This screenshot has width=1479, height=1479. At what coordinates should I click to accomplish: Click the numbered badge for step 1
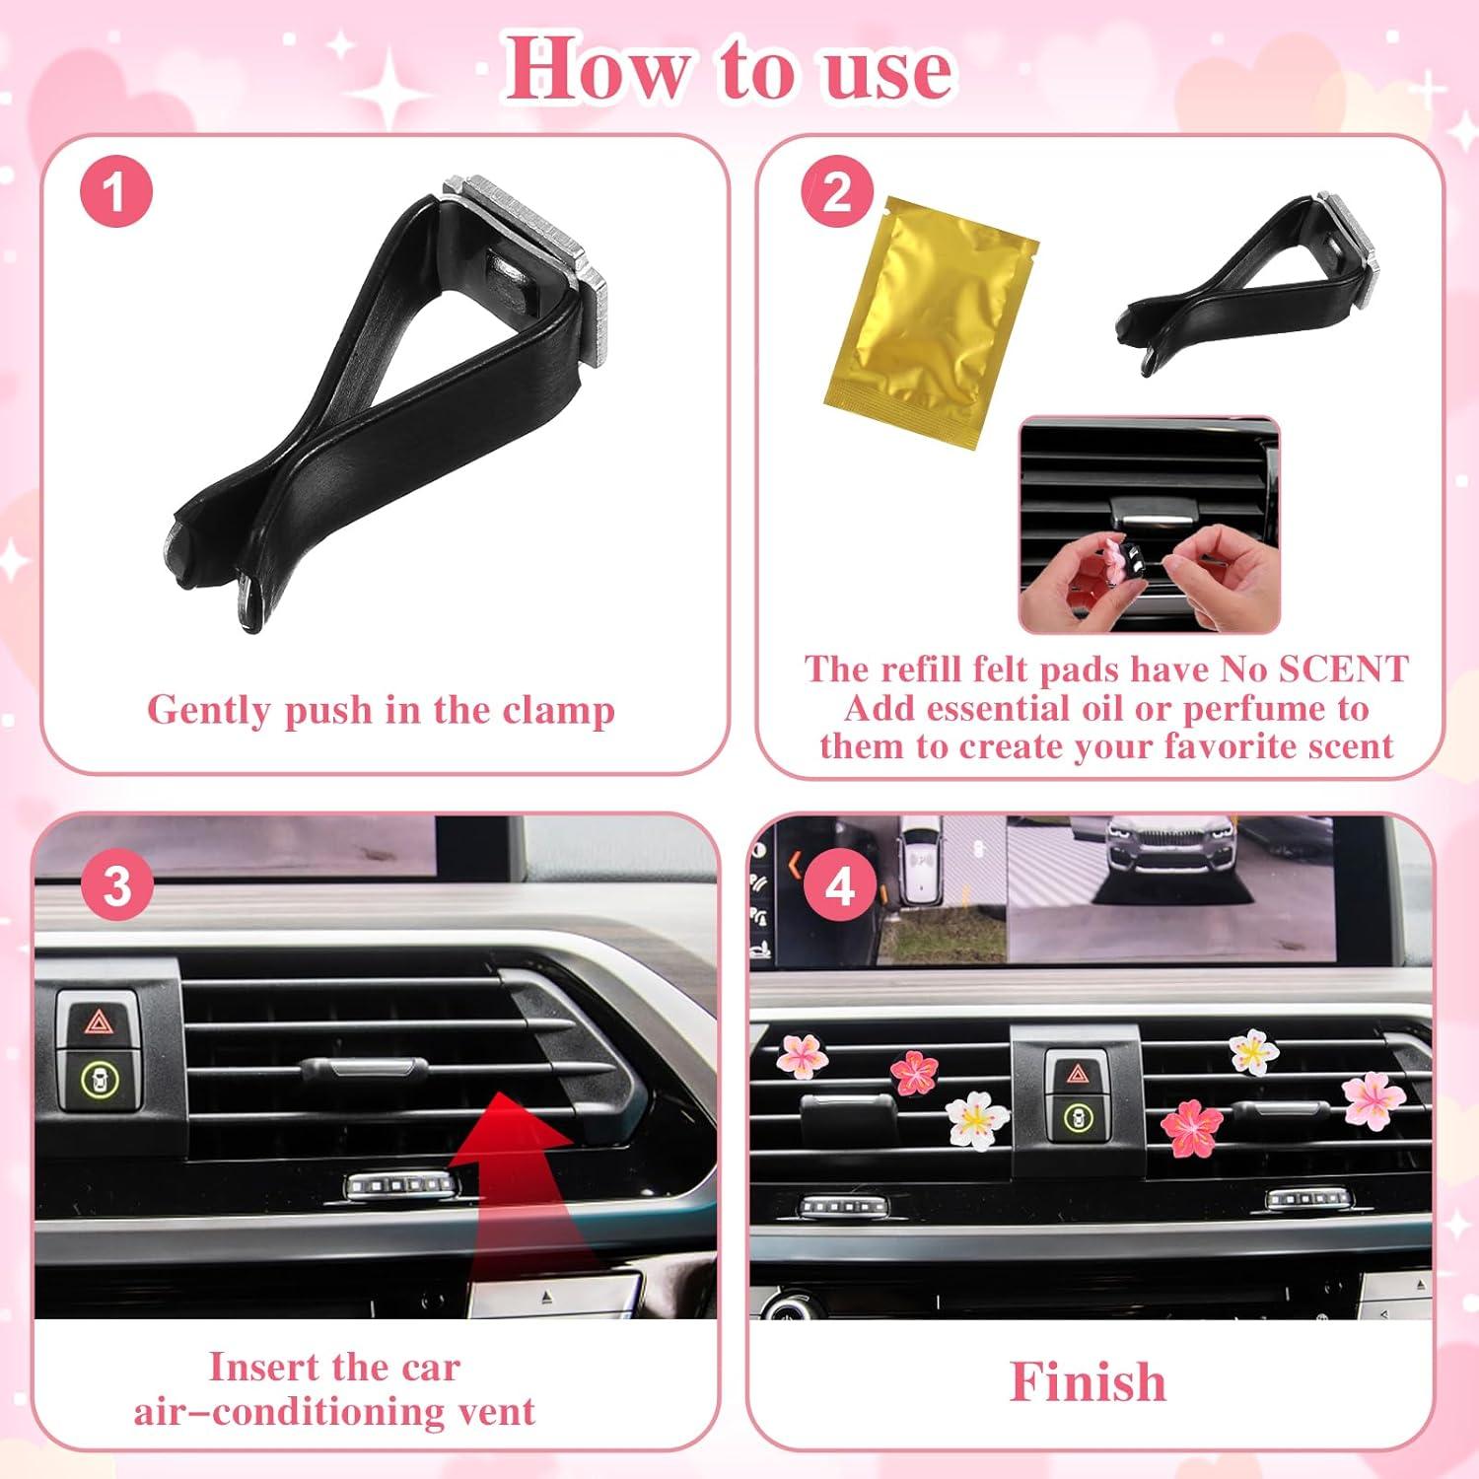tap(116, 191)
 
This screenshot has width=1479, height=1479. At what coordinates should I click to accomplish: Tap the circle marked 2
tap(837, 191)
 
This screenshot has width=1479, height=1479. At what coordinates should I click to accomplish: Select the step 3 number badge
tap(117, 885)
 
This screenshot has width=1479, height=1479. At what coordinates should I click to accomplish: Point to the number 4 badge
tap(839, 885)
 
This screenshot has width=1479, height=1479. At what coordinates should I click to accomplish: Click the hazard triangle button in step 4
tap(1078, 1075)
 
